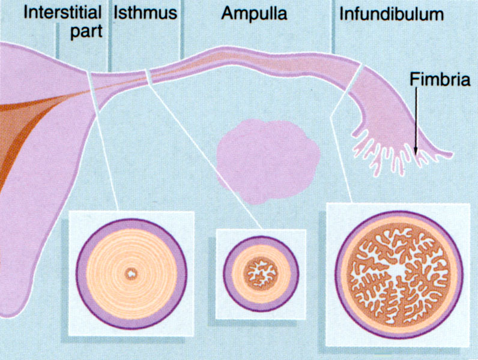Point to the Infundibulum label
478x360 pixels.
pos(392,13)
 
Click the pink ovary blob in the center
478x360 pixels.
pos(267,159)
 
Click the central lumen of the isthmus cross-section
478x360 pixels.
pos(260,274)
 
